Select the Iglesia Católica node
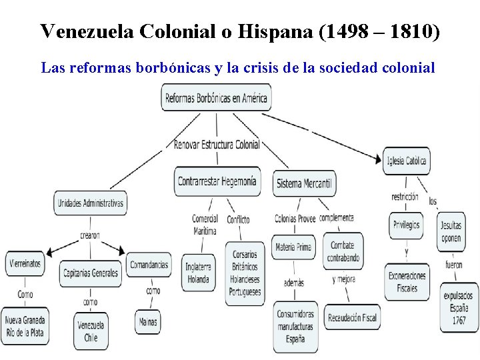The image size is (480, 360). point(405,161)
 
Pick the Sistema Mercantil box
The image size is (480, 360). point(305,183)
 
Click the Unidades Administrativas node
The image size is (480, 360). point(90,203)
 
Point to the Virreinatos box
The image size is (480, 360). point(25,263)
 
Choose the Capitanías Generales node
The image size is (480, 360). point(91,273)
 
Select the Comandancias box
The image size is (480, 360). point(149,265)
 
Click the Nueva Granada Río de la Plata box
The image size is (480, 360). point(25,325)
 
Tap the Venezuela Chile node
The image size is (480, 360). point(91,331)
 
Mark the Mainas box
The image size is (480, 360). point(147,322)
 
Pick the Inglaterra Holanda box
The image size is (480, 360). point(198,273)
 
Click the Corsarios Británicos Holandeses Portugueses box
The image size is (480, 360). point(245,273)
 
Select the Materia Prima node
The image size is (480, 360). point(293,247)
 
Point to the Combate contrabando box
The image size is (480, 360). point(344,251)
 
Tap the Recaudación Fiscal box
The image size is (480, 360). point(351,317)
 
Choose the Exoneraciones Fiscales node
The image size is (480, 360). point(406,282)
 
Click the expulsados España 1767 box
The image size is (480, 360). point(459,307)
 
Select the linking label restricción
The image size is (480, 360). point(405,197)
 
